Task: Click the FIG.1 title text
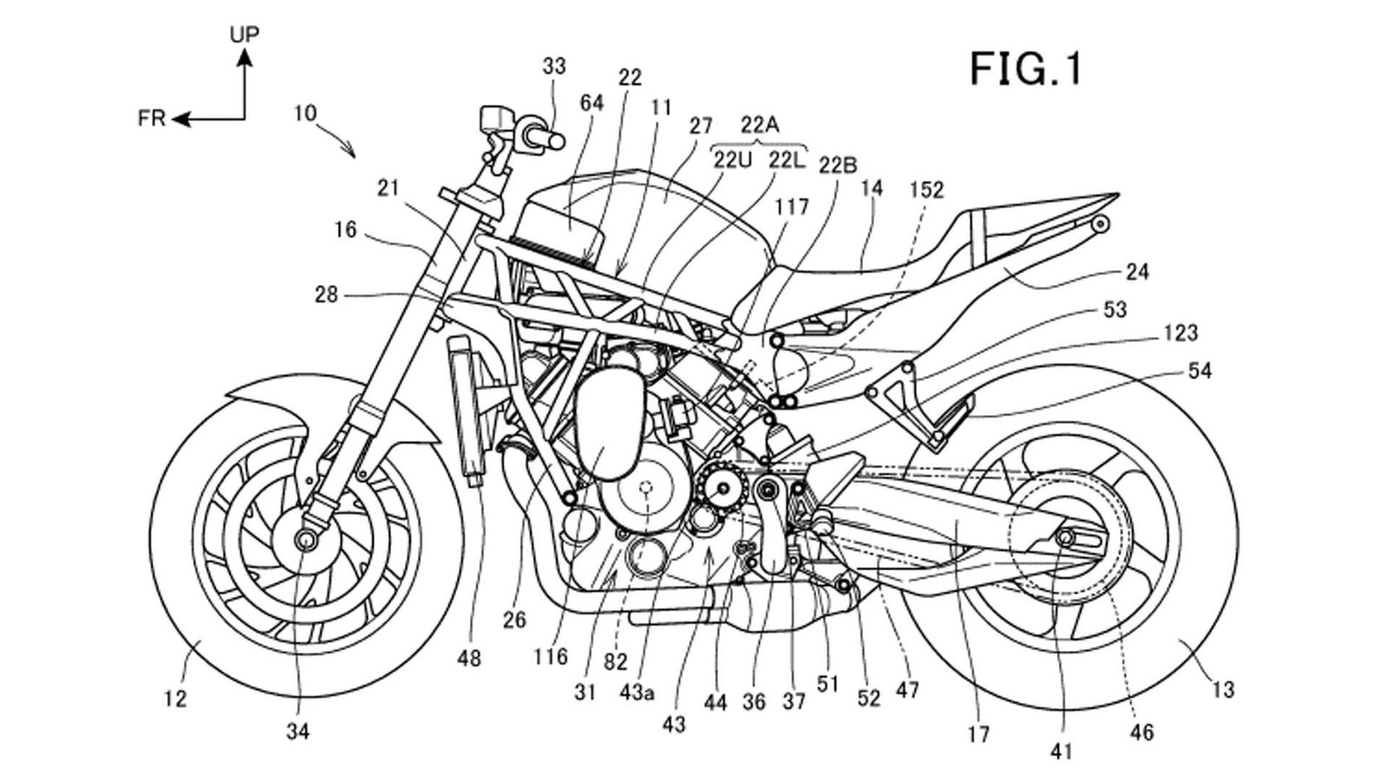click(1025, 69)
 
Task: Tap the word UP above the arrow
click(245, 35)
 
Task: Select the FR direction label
click(152, 119)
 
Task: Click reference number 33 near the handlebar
click(553, 66)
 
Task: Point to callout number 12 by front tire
click(176, 698)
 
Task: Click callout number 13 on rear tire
click(1222, 690)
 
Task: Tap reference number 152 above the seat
click(926, 190)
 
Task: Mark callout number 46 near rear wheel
click(1142, 732)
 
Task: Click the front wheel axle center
click(305, 539)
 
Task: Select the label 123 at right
click(1181, 332)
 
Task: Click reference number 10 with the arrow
click(304, 113)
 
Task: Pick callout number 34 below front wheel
click(298, 732)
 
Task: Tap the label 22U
click(732, 160)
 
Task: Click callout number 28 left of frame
click(326, 295)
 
